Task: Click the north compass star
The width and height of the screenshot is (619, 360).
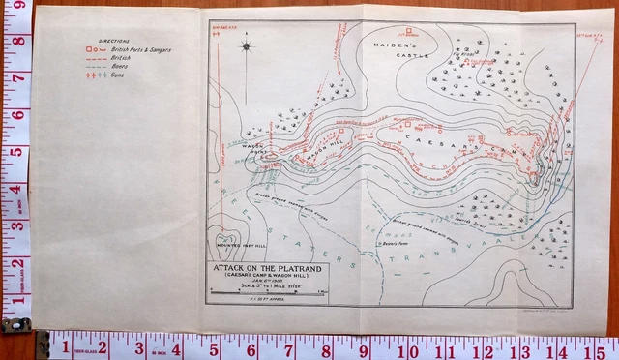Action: tap(247, 45)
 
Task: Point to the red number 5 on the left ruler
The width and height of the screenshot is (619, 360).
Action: tap(16, 152)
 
